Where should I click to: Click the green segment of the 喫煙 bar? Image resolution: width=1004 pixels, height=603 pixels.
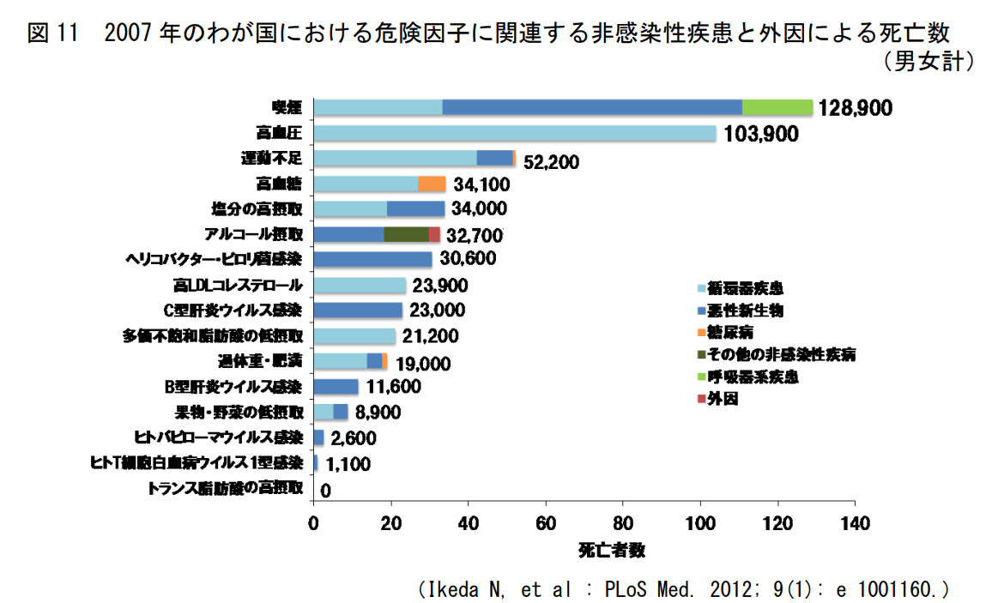click(777, 107)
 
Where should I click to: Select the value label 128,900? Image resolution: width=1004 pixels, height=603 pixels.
click(856, 108)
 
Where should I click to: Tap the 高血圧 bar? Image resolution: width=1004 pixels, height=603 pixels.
click(515, 133)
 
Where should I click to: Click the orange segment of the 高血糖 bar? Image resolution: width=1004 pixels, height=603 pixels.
click(432, 184)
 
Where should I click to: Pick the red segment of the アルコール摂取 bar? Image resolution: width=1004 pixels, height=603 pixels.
click(434, 234)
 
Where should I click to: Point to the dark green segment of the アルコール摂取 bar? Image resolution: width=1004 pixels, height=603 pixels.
click(406, 234)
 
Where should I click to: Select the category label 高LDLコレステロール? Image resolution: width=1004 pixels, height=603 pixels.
click(239, 285)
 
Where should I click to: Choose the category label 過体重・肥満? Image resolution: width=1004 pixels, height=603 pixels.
click(261, 361)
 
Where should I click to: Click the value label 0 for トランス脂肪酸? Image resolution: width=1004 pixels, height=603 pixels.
click(325, 490)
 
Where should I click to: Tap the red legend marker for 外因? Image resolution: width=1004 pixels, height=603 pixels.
click(701, 399)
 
